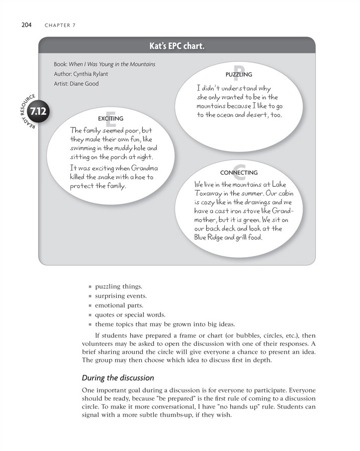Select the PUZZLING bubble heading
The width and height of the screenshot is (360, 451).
(239, 75)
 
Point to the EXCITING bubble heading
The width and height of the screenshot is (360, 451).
(111, 119)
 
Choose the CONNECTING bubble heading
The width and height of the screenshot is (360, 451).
(239, 173)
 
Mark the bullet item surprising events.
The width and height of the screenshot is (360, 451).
(121, 296)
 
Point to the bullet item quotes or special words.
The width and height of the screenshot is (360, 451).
(125, 315)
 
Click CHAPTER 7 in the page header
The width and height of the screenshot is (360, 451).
(60, 26)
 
